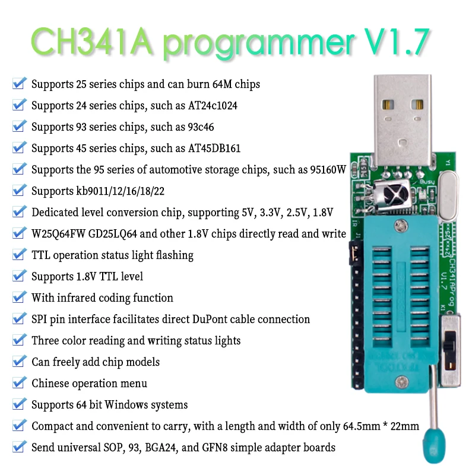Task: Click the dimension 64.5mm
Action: coord(344,426)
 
